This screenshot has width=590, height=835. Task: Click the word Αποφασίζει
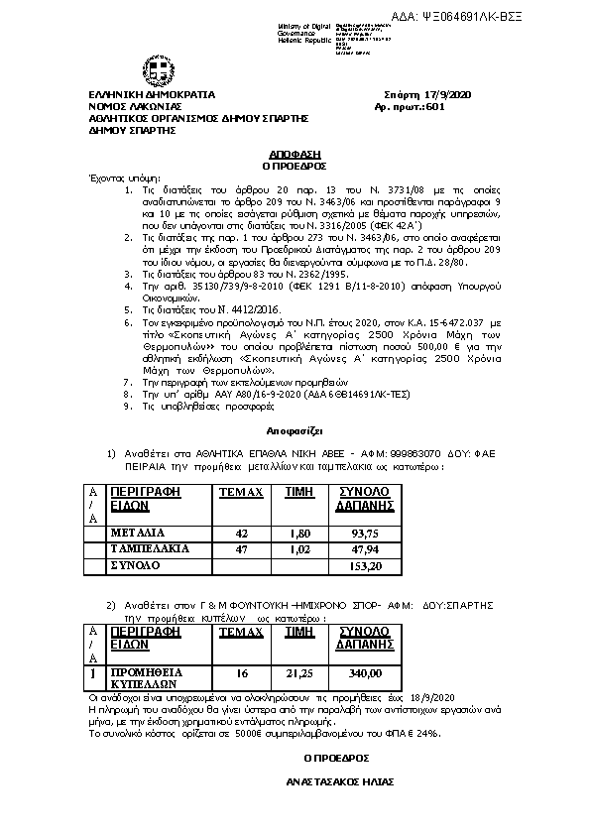(x=293, y=432)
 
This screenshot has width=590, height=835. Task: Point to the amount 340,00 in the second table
(x=366, y=673)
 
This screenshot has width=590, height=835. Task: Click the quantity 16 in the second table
(x=240, y=673)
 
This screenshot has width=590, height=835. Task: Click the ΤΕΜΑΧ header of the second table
(x=239, y=631)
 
